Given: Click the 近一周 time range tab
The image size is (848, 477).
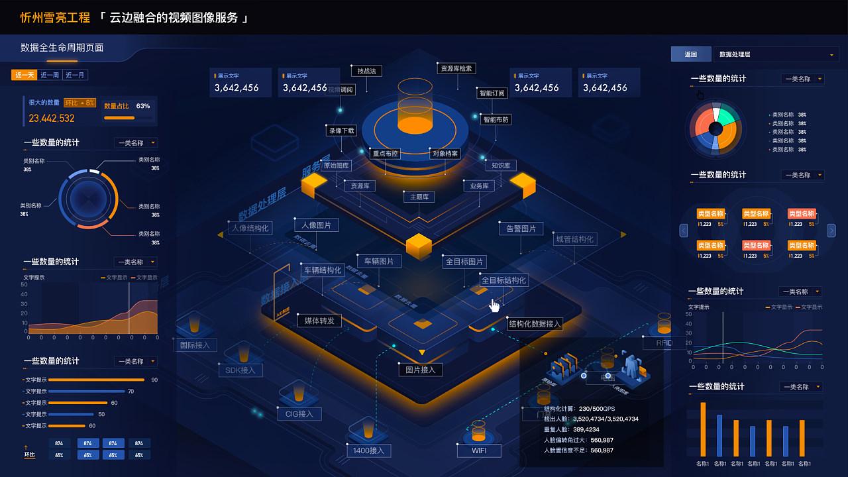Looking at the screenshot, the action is click(50, 75).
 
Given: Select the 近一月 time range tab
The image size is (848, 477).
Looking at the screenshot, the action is click(76, 75).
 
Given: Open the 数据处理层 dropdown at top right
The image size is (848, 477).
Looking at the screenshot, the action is click(776, 54).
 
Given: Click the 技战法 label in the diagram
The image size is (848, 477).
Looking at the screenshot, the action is click(366, 71).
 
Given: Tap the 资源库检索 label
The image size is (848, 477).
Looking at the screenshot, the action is click(456, 68).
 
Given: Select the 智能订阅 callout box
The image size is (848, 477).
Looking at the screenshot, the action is click(492, 93).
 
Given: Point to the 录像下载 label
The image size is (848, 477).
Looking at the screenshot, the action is click(342, 131).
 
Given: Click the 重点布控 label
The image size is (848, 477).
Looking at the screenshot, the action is click(386, 154).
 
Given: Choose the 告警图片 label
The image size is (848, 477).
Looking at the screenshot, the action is click(521, 229).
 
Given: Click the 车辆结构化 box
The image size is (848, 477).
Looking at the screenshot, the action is click(323, 270).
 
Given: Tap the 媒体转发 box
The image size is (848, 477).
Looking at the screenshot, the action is click(319, 321).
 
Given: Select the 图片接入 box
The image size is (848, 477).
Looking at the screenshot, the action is click(420, 370).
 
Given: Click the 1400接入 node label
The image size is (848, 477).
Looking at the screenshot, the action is click(369, 450).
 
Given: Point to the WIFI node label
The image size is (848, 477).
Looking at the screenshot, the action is click(479, 450).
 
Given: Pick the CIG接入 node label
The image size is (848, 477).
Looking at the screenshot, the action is click(299, 414).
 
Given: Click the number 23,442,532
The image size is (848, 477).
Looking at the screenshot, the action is click(52, 119).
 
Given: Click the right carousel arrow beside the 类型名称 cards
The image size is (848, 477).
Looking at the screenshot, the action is click(831, 231).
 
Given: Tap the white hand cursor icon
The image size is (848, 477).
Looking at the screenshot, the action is click(495, 305).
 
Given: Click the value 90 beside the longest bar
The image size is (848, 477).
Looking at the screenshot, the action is click(154, 380).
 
